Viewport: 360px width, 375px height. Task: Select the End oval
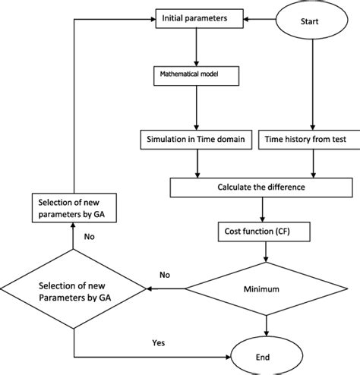tap(266, 356)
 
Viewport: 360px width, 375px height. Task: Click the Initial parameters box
tap(195, 16)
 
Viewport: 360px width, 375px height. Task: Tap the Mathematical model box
tap(195, 76)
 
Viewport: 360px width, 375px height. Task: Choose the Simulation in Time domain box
tap(195, 139)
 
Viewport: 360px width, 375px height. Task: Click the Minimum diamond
tap(267, 288)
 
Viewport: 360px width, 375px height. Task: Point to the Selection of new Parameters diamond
tap(73, 289)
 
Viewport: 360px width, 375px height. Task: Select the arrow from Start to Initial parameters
tap(258, 17)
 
